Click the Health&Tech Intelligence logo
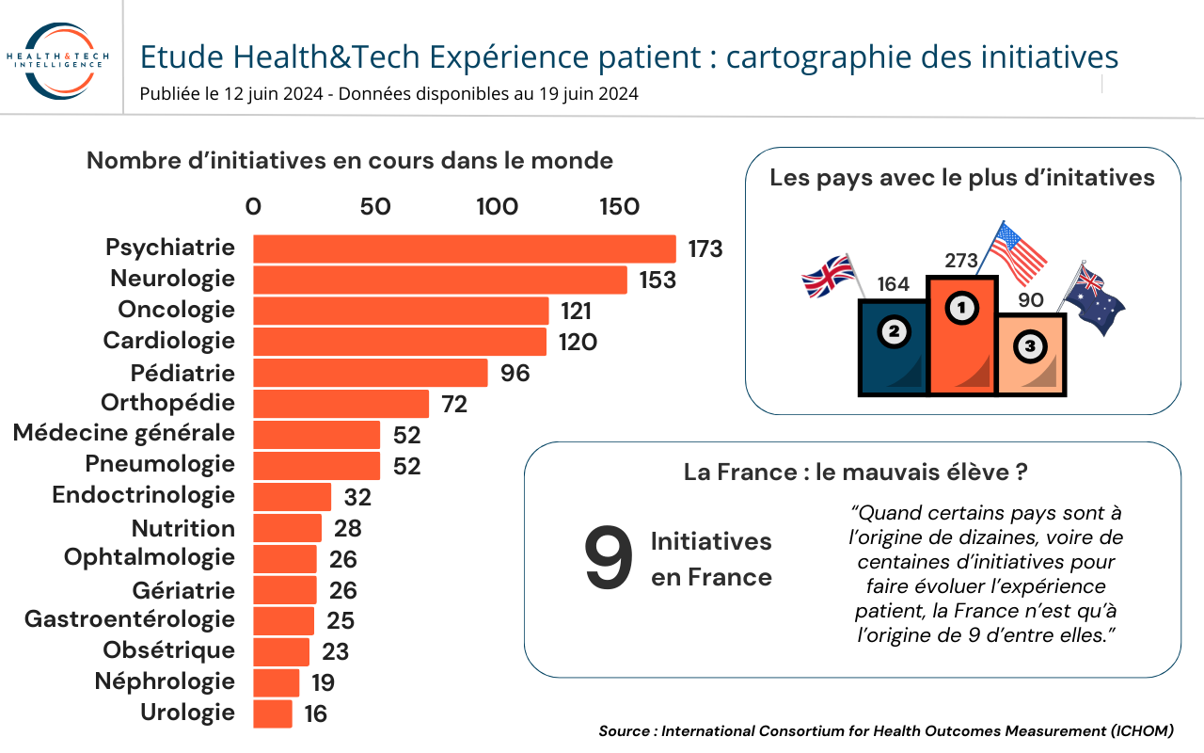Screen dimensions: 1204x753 [x=58, y=60]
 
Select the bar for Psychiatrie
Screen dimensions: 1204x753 [x=465, y=249]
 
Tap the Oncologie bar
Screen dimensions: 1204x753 [x=401, y=311]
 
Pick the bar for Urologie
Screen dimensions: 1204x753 [x=273, y=713]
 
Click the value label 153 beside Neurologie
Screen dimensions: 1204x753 [x=657, y=280]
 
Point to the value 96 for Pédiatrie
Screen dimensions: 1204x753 [x=515, y=374]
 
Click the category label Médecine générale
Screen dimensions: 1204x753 [x=124, y=433]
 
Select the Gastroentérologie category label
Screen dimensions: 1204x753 [x=130, y=619]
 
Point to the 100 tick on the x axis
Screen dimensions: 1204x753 [x=498, y=206]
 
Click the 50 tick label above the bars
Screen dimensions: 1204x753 [x=375, y=206]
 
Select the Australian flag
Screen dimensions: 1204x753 [x=1092, y=296]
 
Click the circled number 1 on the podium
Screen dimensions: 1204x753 [x=961, y=308]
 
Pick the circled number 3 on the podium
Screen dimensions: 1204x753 [x=1030, y=345]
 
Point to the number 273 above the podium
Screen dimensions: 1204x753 [x=961, y=261]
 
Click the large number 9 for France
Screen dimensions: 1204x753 [x=609, y=558]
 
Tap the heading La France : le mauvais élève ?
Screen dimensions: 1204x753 [x=856, y=473]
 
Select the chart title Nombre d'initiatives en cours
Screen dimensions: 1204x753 [x=350, y=161]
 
